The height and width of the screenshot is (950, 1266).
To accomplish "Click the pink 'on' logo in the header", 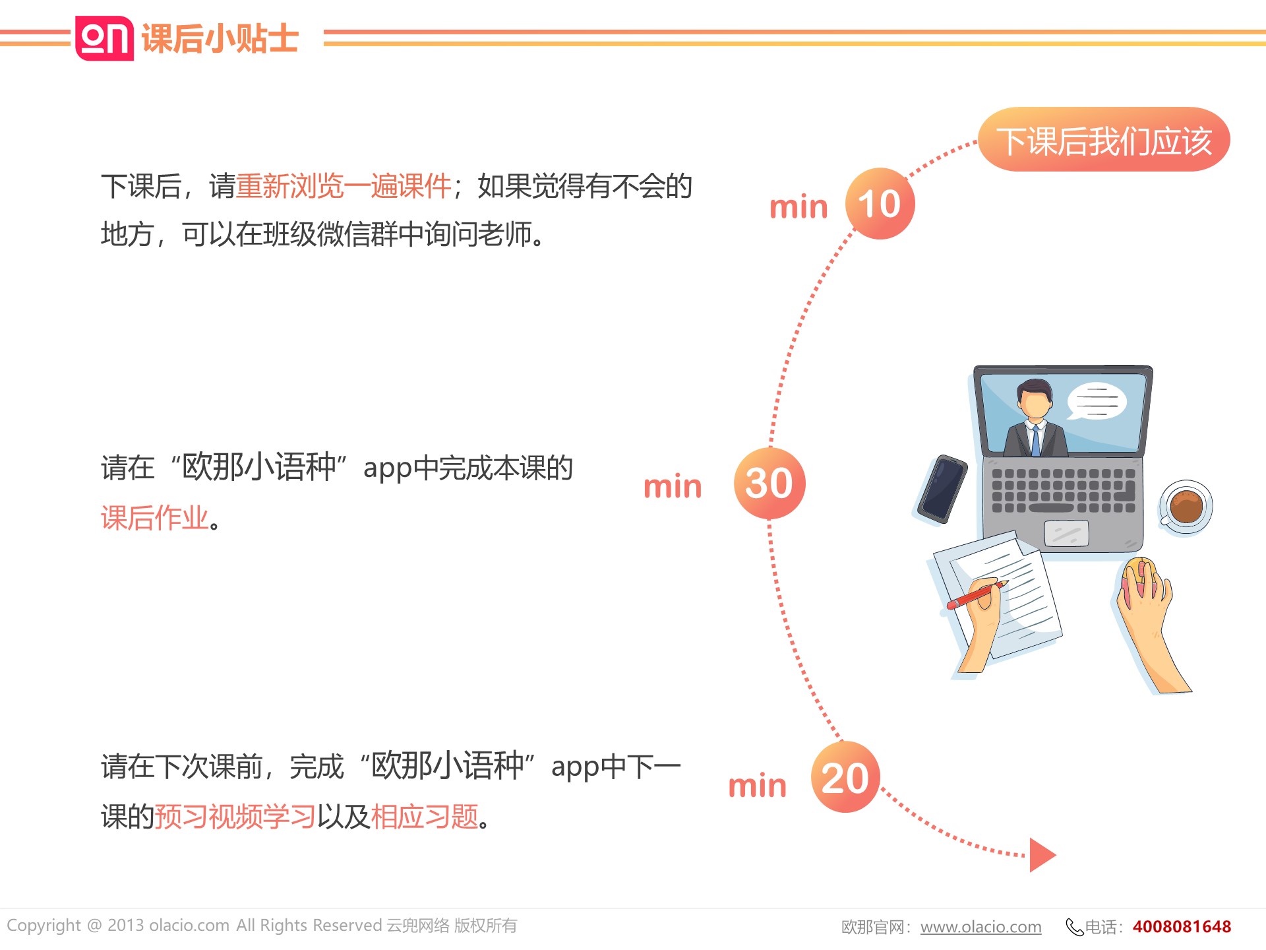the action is tap(104, 38).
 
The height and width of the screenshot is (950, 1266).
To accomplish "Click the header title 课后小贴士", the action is tap(220, 38).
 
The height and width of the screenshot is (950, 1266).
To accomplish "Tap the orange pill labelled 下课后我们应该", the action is tap(1104, 139).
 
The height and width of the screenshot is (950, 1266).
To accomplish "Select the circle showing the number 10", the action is tap(880, 204).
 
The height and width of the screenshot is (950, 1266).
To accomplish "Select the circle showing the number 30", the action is tap(769, 483).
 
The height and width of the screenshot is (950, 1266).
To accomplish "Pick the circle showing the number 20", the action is tap(845, 777).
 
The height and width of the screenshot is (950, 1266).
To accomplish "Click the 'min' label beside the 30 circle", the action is tap(673, 486).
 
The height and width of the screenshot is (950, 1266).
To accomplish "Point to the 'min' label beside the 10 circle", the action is tap(799, 207).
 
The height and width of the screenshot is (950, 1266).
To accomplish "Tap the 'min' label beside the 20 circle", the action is tap(758, 786).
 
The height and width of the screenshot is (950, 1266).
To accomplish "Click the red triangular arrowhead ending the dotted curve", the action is tap(1042, 855).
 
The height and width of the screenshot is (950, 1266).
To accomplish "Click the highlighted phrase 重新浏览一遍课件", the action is tap(344, 186).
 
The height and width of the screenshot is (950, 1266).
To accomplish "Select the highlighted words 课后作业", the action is tap(155, 518).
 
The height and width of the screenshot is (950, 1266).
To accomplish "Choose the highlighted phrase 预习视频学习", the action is tap(235, 817).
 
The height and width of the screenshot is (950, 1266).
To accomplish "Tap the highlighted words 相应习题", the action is tap(425, 817).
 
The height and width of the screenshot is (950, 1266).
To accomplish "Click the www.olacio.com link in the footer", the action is tap(981, 927).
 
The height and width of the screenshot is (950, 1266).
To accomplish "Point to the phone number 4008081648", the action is tap(1182, 927).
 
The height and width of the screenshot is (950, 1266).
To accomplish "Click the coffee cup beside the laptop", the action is tap(1186, 507).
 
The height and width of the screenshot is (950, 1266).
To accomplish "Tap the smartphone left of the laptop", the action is tap(943, 489).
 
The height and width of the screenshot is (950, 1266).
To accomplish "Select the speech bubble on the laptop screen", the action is tap(1096, 401).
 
